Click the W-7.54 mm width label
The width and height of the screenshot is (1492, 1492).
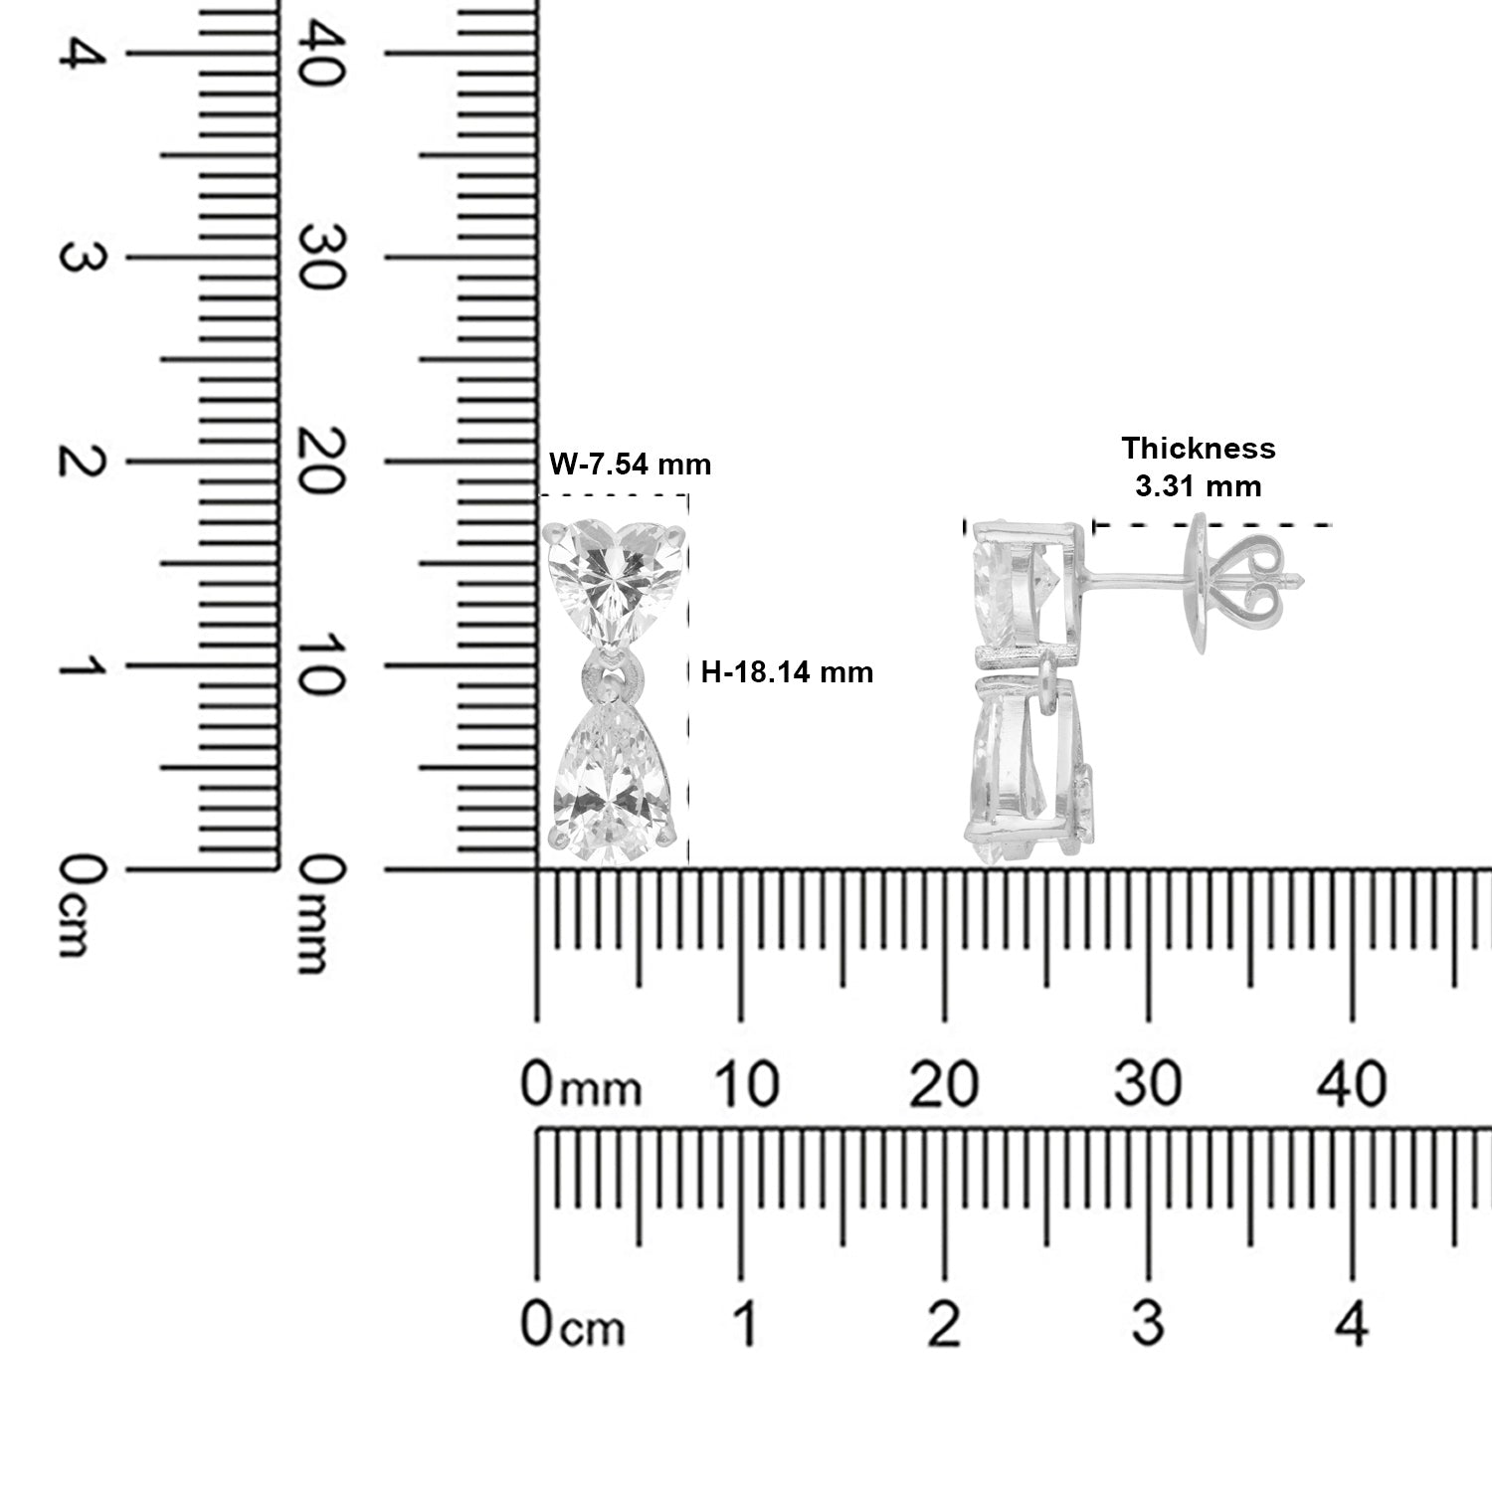coord(631,464)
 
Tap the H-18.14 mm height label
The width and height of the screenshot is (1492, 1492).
coord(787,672)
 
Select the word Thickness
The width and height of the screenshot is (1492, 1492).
coord(1199,449)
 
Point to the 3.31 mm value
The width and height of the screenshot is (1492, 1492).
coord(1199,485)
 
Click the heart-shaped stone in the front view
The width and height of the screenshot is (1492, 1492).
coord(617,586)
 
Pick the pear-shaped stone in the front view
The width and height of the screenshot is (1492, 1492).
coord(617,776)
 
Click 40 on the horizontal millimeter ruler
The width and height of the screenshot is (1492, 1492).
coord(1352,1083)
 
